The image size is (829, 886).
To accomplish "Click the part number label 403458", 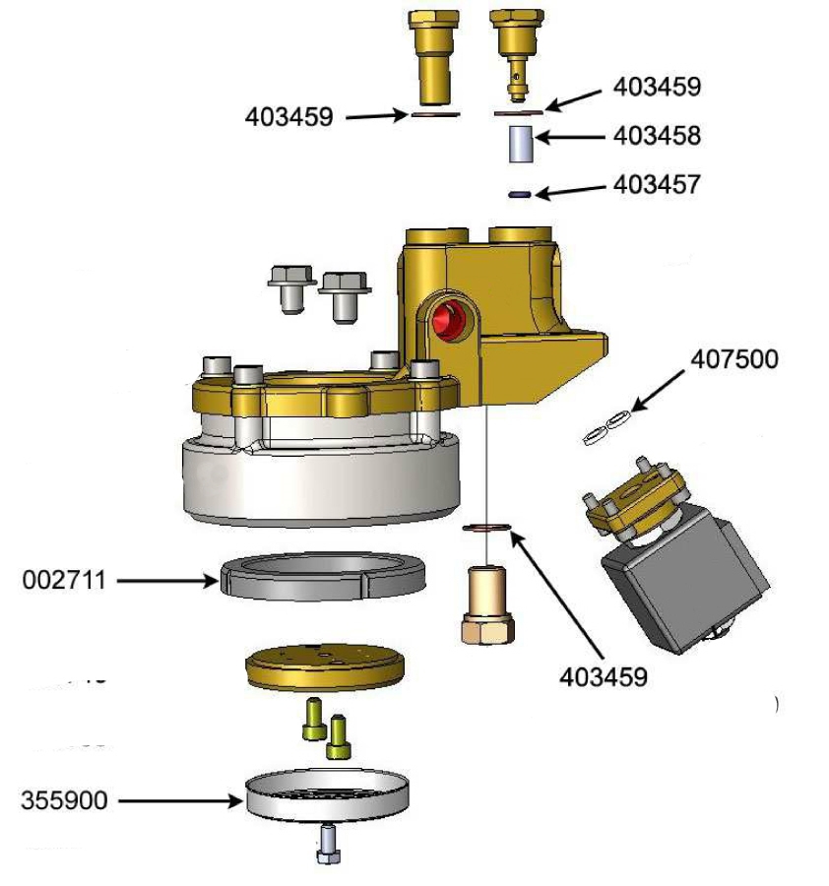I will click(657, 135).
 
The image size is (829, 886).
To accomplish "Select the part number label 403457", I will click(657, 184).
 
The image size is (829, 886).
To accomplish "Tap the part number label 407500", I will click(733, 359).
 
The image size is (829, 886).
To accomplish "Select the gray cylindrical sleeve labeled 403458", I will click(520, 144).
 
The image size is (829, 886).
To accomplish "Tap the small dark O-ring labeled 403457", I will click(520, 195).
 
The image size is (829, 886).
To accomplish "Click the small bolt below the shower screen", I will click(328, 845).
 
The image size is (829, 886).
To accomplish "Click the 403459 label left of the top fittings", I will click(288, 117).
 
